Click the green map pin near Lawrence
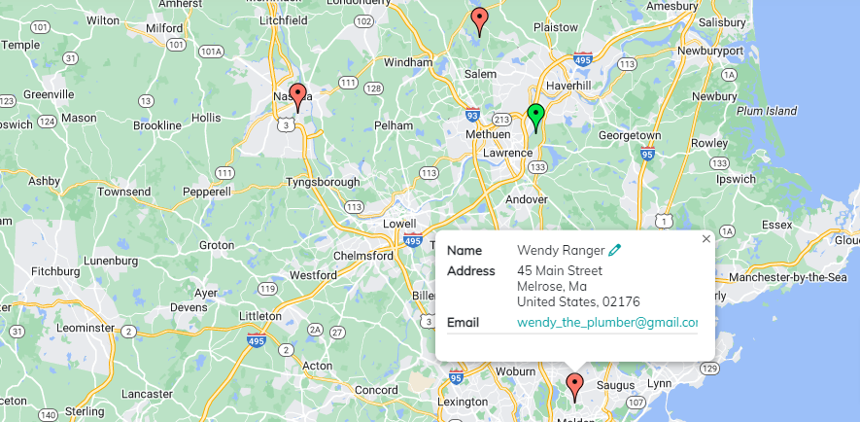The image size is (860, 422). tap(534, 116)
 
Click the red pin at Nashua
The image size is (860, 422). tap(298, 96)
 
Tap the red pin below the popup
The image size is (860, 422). tap(574, 385)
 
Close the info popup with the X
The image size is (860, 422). tap(706, 238)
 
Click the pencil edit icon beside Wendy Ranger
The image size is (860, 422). tap(615, 251)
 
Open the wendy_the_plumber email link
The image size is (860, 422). tap(607, 323)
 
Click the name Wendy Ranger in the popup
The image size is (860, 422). tap(560, 251)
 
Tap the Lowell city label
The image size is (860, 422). tap(399, 223)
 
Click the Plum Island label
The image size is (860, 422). tap(767, 111)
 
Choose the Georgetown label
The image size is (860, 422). tap(629, 135)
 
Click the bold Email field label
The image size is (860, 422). tap(463, 323)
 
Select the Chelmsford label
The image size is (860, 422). tap(366, 256)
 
